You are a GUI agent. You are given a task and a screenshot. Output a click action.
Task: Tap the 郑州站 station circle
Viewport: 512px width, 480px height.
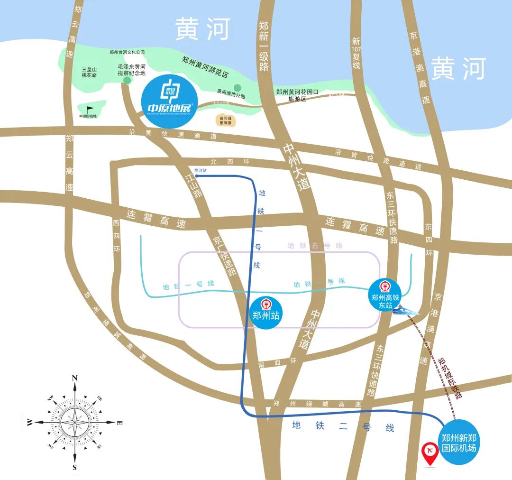click(x=265, y=313)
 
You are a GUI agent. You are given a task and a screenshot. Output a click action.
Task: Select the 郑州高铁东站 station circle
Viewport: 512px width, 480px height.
click(x=385, y=296)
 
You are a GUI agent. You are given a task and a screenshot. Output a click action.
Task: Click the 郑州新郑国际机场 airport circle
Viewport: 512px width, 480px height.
click(x=458, y=442)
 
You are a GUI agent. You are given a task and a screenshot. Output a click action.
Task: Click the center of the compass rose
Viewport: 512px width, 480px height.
click(x=75, y=421)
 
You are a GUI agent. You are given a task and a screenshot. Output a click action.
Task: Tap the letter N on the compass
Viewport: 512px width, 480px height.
click(x=74, y=378)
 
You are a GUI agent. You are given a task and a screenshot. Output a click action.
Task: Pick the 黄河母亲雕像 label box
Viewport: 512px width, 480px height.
click(x=226, y=120)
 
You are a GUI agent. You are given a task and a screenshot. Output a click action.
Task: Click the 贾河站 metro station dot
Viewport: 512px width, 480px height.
click(x=196, y=176)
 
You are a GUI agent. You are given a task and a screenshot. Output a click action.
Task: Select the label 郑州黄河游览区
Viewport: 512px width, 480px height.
click(x=205, y=67)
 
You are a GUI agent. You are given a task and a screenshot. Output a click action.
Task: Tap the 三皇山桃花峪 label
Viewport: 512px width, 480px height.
click(x=89, y=72)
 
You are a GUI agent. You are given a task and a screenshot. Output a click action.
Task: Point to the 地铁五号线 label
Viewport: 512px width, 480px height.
click(x=315, y=246)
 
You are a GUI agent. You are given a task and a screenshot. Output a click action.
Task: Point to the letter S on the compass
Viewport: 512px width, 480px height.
click(x=74, y=467)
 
